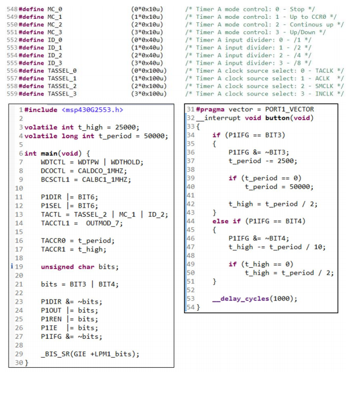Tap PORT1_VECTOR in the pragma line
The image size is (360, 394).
click(x=289, y=110)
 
